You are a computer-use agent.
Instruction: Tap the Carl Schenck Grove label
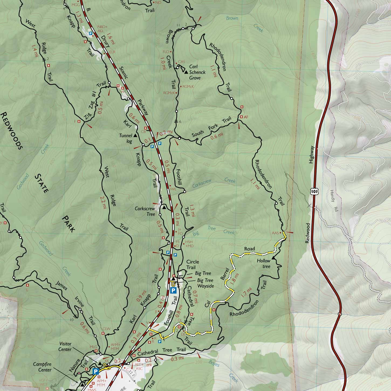197,72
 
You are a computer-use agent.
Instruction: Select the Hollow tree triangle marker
273,258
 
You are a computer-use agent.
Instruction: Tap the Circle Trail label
193,265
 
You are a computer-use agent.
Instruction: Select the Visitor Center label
65,347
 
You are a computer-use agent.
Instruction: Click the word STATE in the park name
42,183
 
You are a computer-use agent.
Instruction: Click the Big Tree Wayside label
205,283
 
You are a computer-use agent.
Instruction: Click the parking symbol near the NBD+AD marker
91,34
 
